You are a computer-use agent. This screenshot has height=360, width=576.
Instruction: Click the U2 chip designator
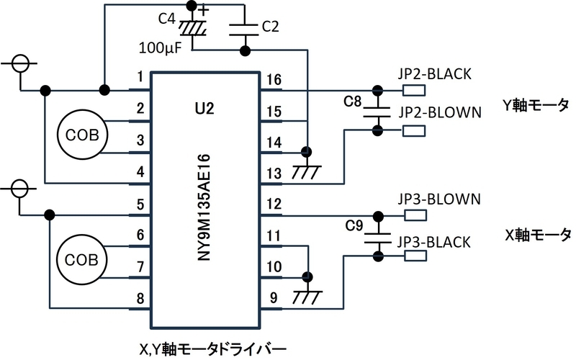pyautogui.click(x=204, y=109)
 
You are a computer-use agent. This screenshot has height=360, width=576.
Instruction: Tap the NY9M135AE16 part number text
pyautogui.click(x=204, y=207)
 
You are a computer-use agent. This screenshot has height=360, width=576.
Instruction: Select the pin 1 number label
pyautogui.click(x=140, y=77)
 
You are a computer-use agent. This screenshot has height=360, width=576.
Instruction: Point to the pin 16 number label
pyautogui.click(x=274, y=80)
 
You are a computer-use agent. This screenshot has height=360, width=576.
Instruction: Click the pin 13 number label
pyautogui.click(x=274, y=174)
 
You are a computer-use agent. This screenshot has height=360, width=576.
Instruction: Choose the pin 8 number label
pyautogui.click(x=140, y=298)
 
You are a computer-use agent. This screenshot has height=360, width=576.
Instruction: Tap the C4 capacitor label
pyautogui.click(x=167, y=19)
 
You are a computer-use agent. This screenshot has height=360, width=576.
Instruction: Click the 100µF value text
pyautogui.click(x=160, y=48)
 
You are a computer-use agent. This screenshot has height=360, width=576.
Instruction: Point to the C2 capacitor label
pyautogui.click(x=271, y=27)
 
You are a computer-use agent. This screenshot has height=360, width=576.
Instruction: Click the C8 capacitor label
pyautogui.click(x=353, y=102)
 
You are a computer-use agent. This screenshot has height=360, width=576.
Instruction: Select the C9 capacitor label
pyautogui.click(x=354, y=225)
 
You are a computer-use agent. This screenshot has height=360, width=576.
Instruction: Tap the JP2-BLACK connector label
pyautogui.click(x=435, y=74)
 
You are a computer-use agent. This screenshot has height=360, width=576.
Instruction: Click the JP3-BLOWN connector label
pyautogui.click(x=439, y=199)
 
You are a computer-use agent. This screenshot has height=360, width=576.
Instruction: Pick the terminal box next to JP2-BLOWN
pyautogui.click(x=414, y=131)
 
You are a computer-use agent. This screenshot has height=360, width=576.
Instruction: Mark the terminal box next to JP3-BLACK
pyautogui.click(x=415, y=256)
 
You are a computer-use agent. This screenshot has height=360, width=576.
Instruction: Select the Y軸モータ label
pyautogui.click(x=536, y=105)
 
